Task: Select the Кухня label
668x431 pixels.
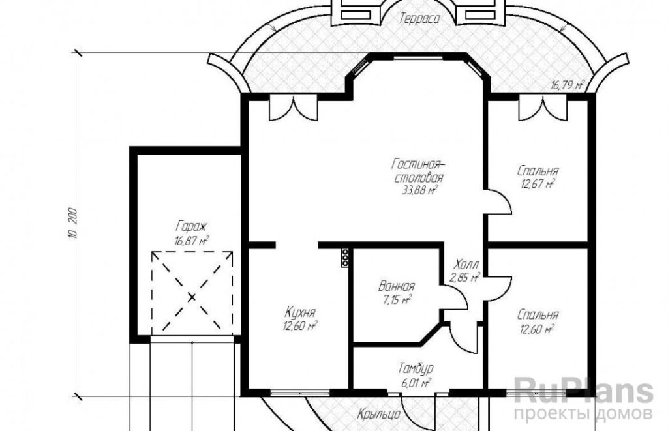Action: [300, 312]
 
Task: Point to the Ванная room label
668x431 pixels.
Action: [396, 286]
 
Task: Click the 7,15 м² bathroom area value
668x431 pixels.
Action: [397, 300]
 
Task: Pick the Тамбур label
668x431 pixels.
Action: [416, 368]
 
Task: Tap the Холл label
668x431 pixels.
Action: [466, 263]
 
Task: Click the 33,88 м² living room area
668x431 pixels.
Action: [419, 190]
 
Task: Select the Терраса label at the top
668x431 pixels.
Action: [419, 19]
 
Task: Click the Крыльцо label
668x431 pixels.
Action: [378, 414]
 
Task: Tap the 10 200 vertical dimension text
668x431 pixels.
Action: [72, 223]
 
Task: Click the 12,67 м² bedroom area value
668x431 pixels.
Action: [538, 185]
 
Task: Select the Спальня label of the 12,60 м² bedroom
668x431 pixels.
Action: [538, 315]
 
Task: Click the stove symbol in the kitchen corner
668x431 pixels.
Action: [345, 258]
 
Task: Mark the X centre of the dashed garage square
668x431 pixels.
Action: [192, 297]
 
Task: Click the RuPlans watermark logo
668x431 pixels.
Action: [583, 391]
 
